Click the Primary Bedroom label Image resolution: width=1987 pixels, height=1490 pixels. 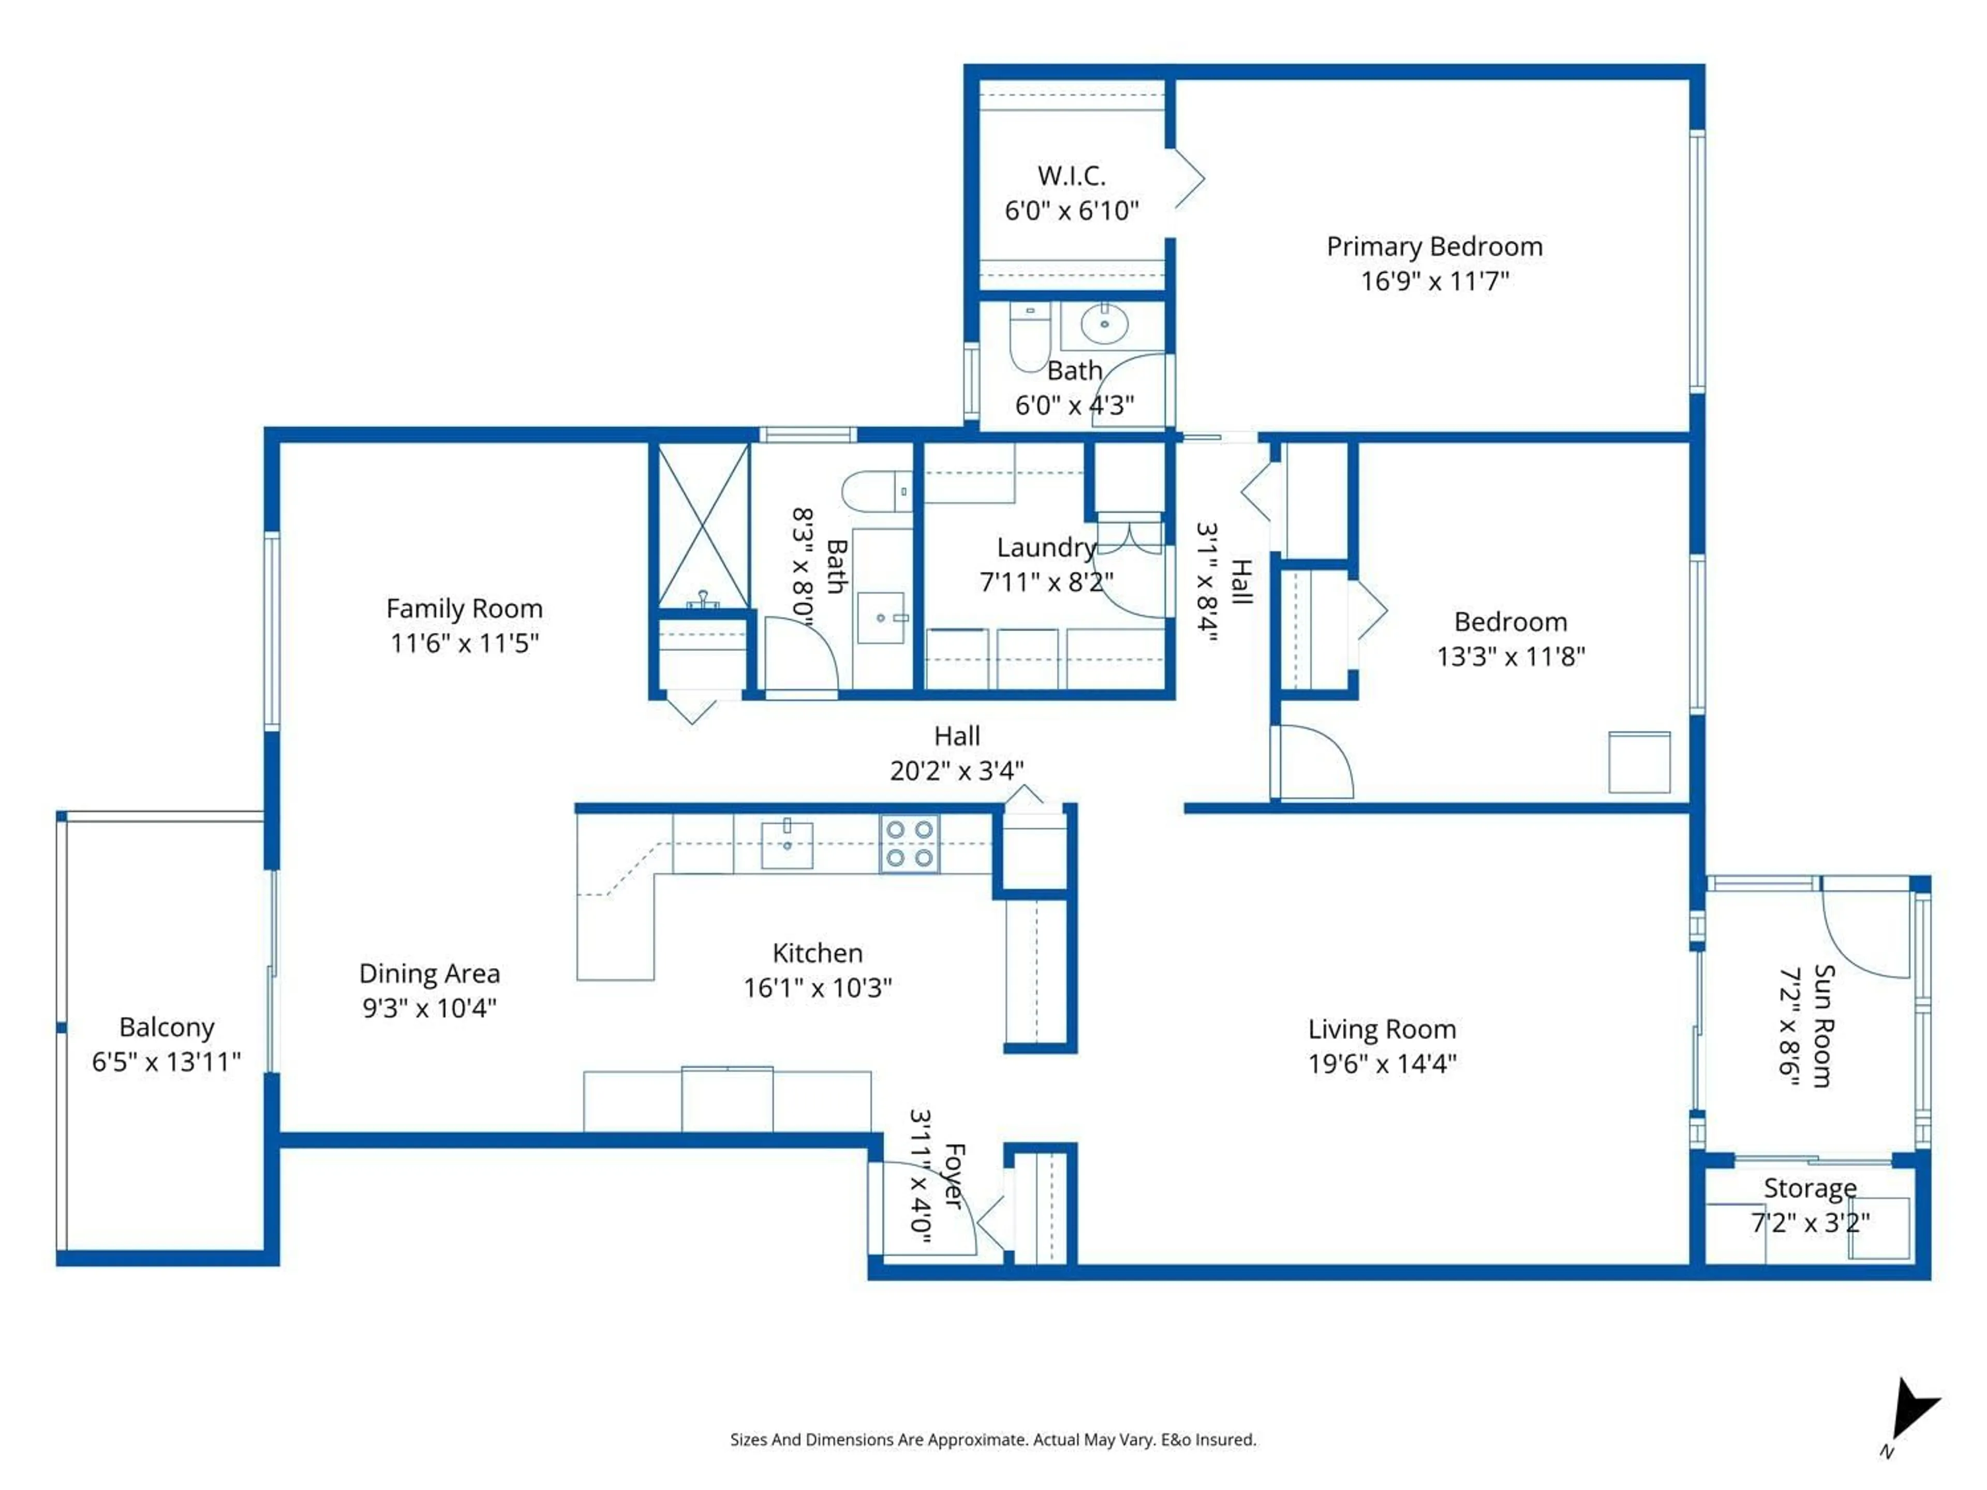coord(1434,246)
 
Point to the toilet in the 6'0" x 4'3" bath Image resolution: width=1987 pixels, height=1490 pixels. coord(1029,337)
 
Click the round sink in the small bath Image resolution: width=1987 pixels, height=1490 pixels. coord(1104,323)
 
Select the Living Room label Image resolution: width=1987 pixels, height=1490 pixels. coord(1382,1029)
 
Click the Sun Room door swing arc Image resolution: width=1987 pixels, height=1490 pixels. coord(1864,934)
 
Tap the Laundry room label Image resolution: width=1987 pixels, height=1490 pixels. coord(1046,547)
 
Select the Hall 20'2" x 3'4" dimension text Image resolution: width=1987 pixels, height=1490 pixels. coord(957,770)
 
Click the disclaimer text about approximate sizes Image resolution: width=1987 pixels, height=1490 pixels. coord(992,1440)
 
